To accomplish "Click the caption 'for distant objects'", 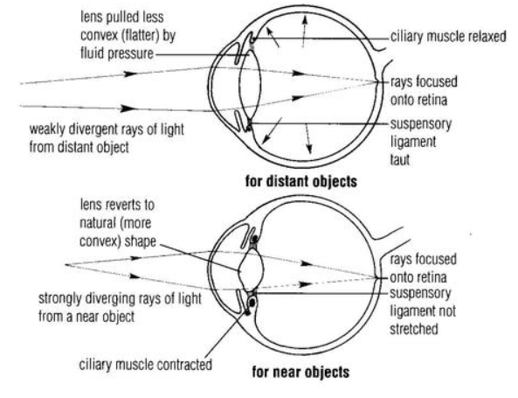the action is [301, 182].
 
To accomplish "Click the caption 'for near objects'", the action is [300, 372].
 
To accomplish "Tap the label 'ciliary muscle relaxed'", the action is [448, 37].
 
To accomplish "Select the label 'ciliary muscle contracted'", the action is [145, 365].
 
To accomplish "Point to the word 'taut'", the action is [400, 160].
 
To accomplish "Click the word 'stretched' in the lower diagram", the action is [414, 329].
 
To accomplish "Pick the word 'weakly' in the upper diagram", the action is [47, 129].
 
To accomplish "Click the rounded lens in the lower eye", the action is [252, 269].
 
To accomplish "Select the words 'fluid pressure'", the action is [117, 53].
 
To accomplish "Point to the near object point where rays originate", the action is [66, 265].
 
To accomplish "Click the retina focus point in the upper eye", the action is [378, 81].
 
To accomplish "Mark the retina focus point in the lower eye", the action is [378, 277].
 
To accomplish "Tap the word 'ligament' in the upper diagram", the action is [413, 143].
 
